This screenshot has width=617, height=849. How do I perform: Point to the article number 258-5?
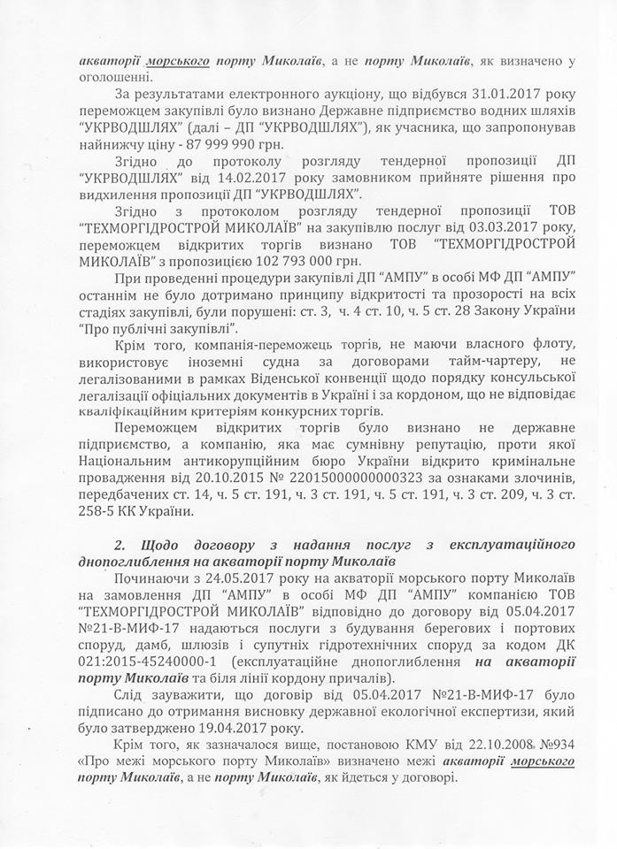point(97,511)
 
